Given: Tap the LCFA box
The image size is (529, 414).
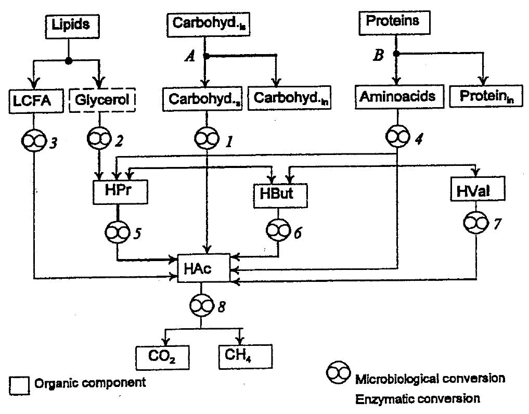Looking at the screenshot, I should pyautogui.click(x=32, y=99).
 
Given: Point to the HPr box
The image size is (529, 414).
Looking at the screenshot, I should pyautogui.click(x=118, y=191).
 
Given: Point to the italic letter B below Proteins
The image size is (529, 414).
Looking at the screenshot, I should pyautogui.click(x=379, y=55).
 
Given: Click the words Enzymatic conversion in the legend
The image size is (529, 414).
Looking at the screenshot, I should pyautogui.click(x=417, y=399).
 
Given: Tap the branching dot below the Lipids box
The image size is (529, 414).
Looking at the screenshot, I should pyautogui.click(x=69, y=60).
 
